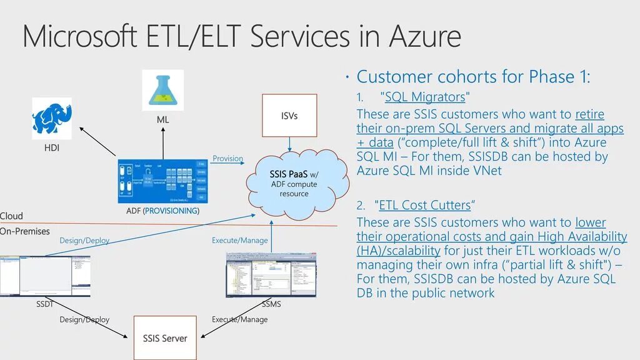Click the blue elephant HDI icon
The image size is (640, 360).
[x=52, y=119]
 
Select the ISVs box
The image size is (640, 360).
[x=289, y=116]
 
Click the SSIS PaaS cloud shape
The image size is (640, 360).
[x=297, y=181]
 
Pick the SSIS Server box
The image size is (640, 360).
[x=165, y=337]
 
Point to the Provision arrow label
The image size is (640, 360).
[x=227, y=159]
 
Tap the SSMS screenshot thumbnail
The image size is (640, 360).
[x=271, y=276]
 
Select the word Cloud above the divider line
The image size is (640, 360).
[x=11, y=216]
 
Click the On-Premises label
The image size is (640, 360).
[x=25, y=231]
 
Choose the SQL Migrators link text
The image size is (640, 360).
[x=425, y=97]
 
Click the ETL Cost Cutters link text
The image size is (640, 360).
[x=424, y=205]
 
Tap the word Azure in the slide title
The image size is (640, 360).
[x=426, y=36]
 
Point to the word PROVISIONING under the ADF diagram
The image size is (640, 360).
[x=171, y=211]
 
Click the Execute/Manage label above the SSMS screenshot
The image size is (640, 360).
[x=239, y=241]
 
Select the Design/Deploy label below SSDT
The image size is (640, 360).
[x=84, y=320]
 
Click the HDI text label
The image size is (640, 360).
[x=52, y=149]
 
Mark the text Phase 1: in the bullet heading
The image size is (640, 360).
[x=559, y=77]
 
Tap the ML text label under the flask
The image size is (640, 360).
[x=162, y=119]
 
